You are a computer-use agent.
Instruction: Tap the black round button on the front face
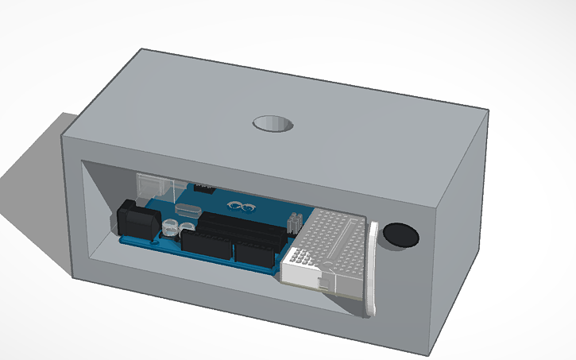coord(400,235)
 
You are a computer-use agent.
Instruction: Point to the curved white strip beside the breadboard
coord(369,270)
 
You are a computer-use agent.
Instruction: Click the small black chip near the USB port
coord(203,188)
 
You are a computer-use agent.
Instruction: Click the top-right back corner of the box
coord(487,110)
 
